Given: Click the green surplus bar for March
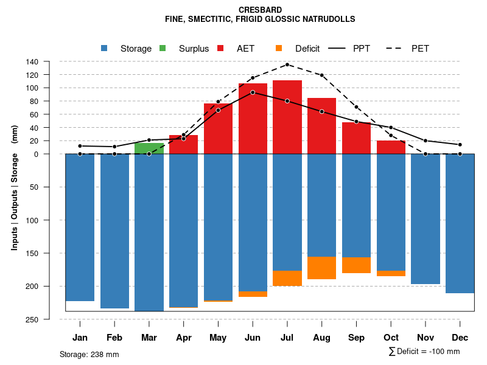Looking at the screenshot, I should [x=149, y=148].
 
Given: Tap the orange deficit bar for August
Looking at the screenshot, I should [x=321, y=268].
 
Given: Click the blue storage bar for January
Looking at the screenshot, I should [x=80, y=228].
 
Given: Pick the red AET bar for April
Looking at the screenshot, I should [x=183, y=145].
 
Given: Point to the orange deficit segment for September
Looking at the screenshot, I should [x=356, y=265].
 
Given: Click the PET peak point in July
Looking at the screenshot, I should [x=287, y=64].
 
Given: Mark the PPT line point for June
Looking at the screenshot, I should [x=253, y=92].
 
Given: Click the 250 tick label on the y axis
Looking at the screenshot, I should [x=32, y=319].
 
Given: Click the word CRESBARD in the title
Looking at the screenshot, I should [x=260, y=10].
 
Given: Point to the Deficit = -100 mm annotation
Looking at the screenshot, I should [x=424, y=352].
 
